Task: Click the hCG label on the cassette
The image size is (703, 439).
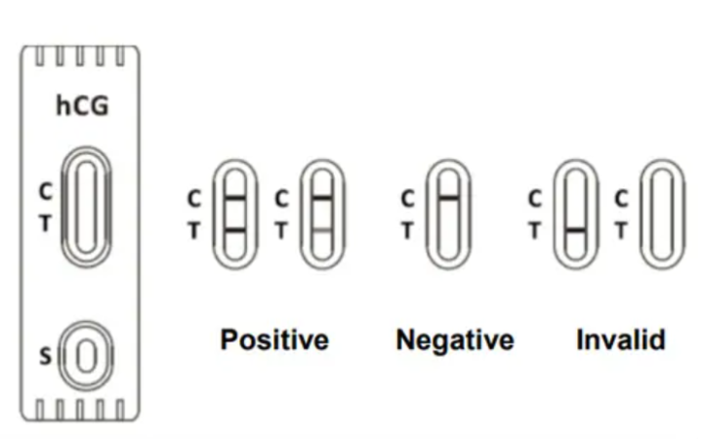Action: tap(82, 105)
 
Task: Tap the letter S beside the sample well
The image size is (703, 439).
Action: tap(45, 356)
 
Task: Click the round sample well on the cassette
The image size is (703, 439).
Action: tap(86, 356)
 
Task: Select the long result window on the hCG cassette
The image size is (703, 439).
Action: tap(86, 207)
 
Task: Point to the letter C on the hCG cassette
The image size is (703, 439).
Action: tap(46, 191)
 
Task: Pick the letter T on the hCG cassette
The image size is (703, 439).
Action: tap(45, 222)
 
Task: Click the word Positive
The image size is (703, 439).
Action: tap(274, 340)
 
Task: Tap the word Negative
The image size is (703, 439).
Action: tap(455, 340)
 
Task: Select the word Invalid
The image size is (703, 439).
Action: tap(621, 340)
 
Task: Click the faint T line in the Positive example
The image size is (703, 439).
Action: tap(322, 230)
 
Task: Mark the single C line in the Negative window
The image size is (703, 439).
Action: tap(448, 197)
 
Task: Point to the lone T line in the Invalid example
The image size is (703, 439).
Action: tap(576, 230)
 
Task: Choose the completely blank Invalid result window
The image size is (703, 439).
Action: tap(662, 214)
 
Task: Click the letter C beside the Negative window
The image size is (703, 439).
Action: tap(407, 199)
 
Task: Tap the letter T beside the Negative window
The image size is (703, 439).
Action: tap(407, 230)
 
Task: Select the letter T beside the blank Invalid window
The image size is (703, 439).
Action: tap(621, 230)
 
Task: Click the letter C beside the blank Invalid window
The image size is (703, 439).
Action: tap(621, 199)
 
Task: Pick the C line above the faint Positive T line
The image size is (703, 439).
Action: tap(322, 197)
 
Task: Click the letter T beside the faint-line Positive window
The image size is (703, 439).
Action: tap(281, 230)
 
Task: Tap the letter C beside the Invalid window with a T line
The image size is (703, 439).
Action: tap(535, 199)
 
